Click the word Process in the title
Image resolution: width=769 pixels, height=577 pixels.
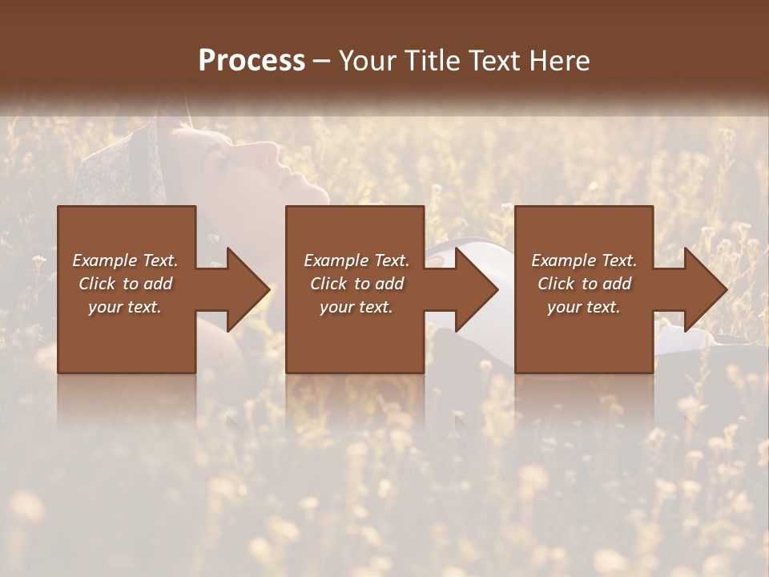252,61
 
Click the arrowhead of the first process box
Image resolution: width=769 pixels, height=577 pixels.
247,289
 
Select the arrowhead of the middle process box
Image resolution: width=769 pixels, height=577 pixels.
476,289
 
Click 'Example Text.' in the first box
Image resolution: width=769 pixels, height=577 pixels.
125,260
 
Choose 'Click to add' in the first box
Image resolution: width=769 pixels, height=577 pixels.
125,284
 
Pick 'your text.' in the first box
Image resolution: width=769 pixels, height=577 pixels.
125,307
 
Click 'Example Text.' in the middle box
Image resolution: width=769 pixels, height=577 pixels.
356,260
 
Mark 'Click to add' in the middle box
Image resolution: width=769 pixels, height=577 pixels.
356,284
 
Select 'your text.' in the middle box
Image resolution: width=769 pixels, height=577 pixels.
356,307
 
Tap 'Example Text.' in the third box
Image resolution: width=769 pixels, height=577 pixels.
584,260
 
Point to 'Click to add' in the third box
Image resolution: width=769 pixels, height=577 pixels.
584,284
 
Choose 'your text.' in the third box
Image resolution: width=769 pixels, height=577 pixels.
584,307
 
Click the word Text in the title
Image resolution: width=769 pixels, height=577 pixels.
496,61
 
